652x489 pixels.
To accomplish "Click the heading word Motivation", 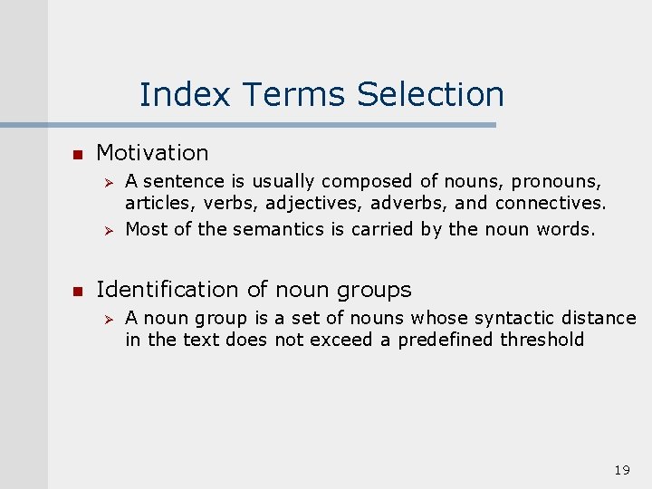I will click(152, 153).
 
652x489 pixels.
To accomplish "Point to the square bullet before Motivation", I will click(78, 154).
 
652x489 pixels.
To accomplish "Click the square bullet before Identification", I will click(78, 291).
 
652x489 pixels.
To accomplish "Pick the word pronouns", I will click(556, 182).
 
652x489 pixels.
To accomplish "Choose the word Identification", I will click(168, 290).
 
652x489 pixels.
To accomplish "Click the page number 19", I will click(621, 470).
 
